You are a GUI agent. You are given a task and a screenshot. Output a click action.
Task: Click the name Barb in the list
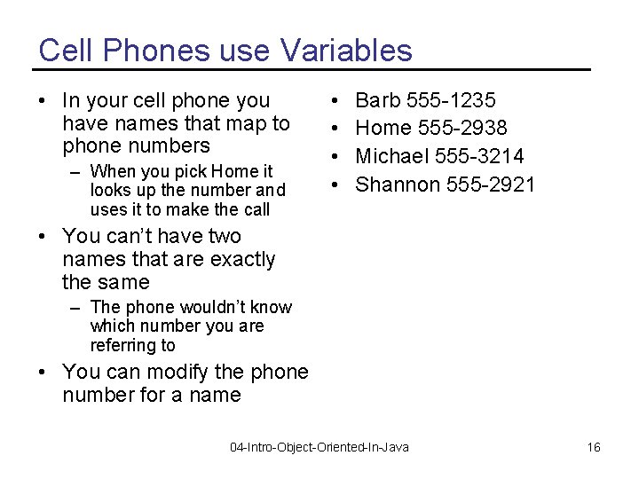pyautogui.click(x=379, y=100)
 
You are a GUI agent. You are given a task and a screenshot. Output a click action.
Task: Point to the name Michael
pyautogui.click(x=391, y=157)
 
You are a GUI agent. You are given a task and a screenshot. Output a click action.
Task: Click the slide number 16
pyautogui.click(x=594, y=447)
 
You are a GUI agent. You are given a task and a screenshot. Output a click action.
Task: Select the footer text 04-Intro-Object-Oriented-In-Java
pyautogui.click(x=319, y=447)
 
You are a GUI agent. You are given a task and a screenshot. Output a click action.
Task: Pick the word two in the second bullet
pyautogui.click(x=224, y=237)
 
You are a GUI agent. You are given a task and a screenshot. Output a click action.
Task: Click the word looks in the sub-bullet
pyautogui.click(x=110, y=190)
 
